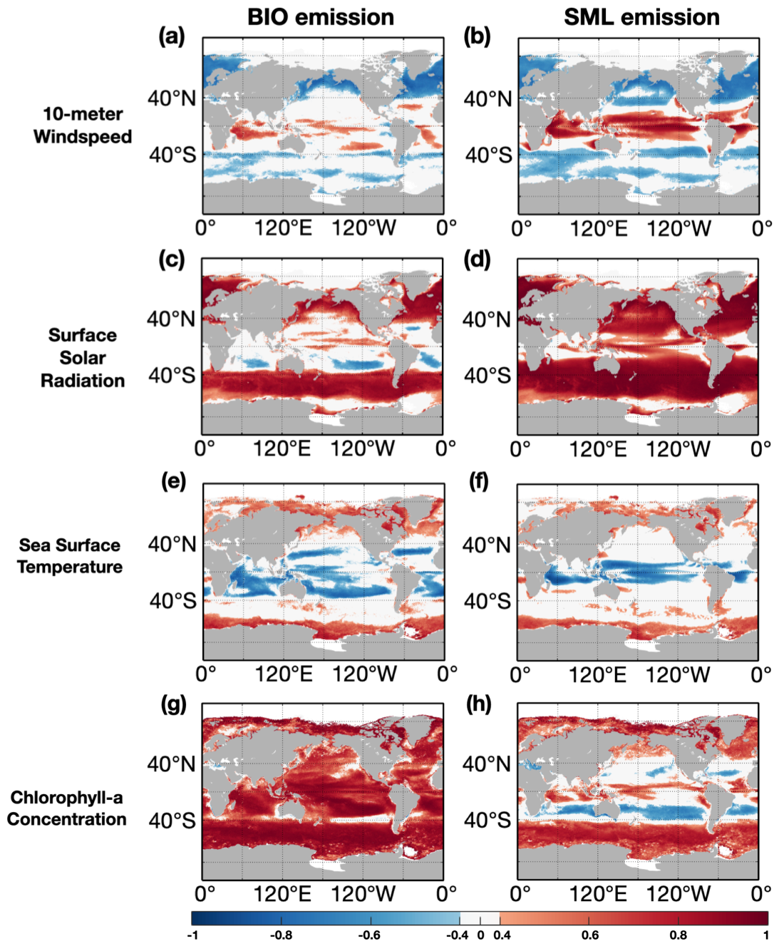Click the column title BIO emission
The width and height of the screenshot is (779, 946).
pyautogui.click(x=320, y=17)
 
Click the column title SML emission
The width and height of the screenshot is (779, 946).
pyautogui.click(x=641, y=17)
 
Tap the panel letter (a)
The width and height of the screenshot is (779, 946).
pyautogui.click(x=172, y=36)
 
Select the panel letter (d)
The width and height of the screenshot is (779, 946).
pyautogui.click(x=477, y=259)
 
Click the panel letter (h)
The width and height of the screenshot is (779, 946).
pyautogui.click(x=478, y=704)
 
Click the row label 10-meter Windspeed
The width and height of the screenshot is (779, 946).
pyautogui.click(x=83, y=125)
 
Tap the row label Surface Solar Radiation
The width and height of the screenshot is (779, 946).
pyautogui.click(x=83, y=358)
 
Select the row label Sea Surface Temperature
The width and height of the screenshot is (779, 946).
pyautogui.click(x=70, y=556)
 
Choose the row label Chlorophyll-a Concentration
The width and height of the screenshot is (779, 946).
pyautogui.click(x=67, y=808)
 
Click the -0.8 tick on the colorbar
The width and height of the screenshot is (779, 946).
pyautogui.click(x=282, y=935)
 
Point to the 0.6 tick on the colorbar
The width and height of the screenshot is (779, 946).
pyautogui.click(x=590, y=935)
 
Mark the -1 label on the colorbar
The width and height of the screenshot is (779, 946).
pyautogui.click(x=192, y=935)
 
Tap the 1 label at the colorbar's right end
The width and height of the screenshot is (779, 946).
pyautogui.click(x=766, y=935)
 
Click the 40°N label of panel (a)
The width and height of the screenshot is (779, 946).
pyautogui.click(x=172, y=98)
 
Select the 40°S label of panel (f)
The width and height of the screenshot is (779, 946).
pyautogui.click(x=487, y=601)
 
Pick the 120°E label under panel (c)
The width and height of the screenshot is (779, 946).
pyautogui.click(x=282, y=449)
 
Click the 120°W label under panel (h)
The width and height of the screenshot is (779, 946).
pyautogui.click(x=679, y=894)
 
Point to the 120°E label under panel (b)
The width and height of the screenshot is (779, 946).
pyautogui.click(x=599, y=229)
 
